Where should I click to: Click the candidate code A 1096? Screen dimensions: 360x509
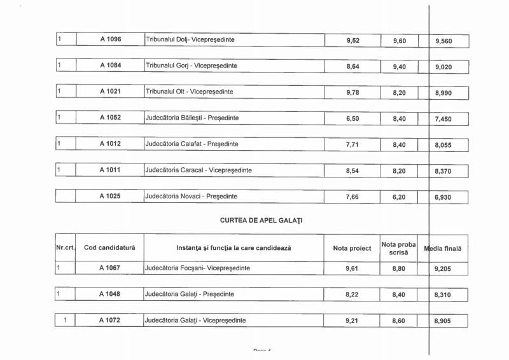pyautogui.click(x=110, y=39)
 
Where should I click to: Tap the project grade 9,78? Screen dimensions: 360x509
pyautogui.click(x=352, y=92)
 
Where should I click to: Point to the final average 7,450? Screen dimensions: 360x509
pyautogui.click(x=443, y=119)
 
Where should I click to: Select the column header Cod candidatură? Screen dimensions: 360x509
pyautogui.click(x=110, y=247)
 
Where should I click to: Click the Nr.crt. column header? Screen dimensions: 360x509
pyautogui.click(x=66, y=247)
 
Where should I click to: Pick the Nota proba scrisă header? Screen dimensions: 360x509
pyautogui.click(x=399, y=248)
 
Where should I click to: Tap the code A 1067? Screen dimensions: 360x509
pyautogui.click(x=110, y=268)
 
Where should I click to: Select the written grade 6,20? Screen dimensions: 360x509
pyautogui.click(x=399, y=197)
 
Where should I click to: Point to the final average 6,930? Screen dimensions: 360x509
pyautogui.click(x=443, y=198)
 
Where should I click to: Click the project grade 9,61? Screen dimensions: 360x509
pyautogui.click(x=352, y=269)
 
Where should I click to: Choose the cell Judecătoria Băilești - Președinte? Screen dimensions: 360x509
pyautogui.click(x=192, y=118)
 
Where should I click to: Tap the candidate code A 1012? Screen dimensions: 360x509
pyautogui.click(x=110, y=144)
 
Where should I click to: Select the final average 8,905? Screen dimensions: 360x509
pyautogui.click(x=443, y=321)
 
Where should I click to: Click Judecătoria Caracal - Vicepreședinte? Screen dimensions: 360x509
pyautogui.click(x=198, y=170)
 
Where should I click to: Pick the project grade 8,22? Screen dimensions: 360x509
pyautogui.click(x=352, y=295)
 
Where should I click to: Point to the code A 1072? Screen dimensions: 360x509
pyautogui.click(x=110, y=321)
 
